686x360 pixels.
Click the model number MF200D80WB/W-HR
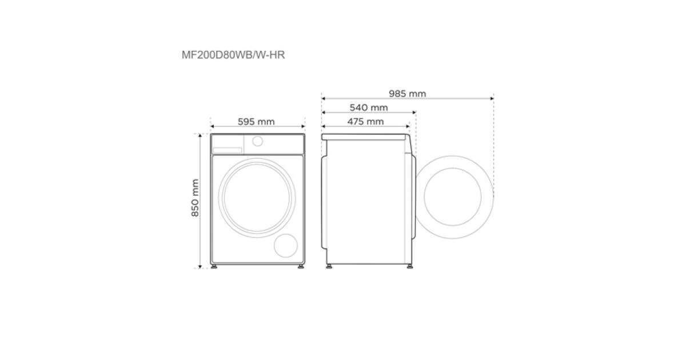[233, 55]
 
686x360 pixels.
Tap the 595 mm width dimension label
[256, 122]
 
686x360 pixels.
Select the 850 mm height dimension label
[195, 198]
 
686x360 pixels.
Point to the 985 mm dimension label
[407, 94]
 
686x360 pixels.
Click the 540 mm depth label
[369, 108]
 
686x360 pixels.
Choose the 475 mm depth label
[365, 122]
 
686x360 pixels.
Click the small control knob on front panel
[258, 141]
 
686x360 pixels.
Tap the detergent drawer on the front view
[228, 150]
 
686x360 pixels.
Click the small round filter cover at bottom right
[286, 246]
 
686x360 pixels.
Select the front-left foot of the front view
[214, 267]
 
